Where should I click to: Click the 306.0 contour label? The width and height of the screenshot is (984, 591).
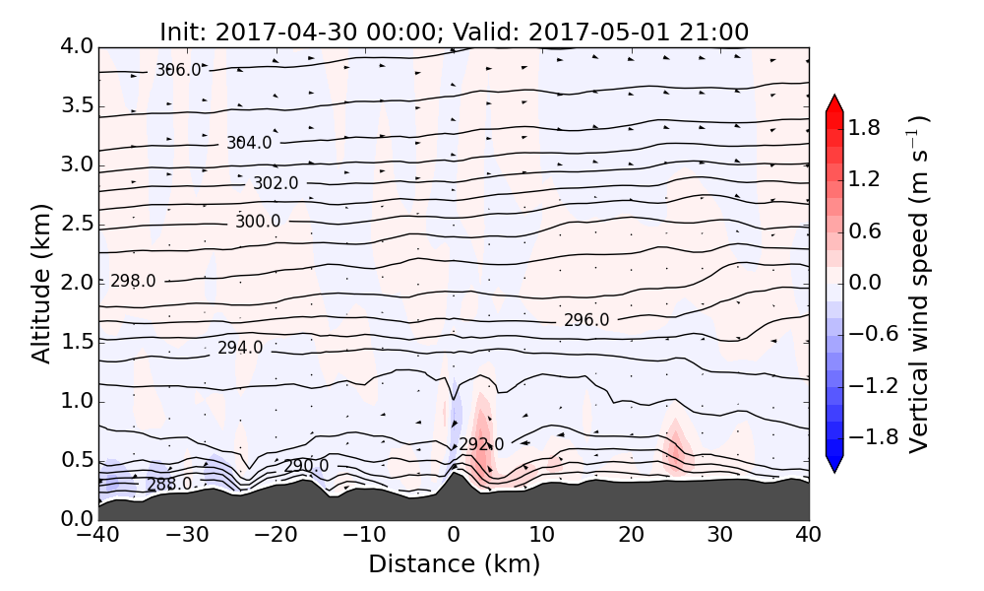(178, 70)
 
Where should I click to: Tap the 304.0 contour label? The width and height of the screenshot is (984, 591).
(248, 143)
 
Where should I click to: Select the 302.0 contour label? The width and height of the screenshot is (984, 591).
(276, 183)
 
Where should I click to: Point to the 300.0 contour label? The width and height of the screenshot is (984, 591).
(258, 222)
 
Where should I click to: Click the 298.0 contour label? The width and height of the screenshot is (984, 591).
(133, 281)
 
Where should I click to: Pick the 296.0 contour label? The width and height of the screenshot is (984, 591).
(586, 320)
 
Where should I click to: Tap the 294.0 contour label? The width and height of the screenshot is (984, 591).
(240, 348)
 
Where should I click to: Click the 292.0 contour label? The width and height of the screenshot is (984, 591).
(481, 444)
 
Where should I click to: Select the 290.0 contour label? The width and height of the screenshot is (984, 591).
(306, 466)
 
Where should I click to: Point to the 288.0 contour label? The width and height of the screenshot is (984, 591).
(169, 485)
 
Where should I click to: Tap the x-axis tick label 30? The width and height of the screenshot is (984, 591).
(720, 537)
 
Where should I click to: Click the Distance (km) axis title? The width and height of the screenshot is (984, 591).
(454, 564)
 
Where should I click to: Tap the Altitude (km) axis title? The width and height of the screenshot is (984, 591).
(40, 283)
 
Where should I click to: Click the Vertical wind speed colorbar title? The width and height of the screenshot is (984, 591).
(919, 284)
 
